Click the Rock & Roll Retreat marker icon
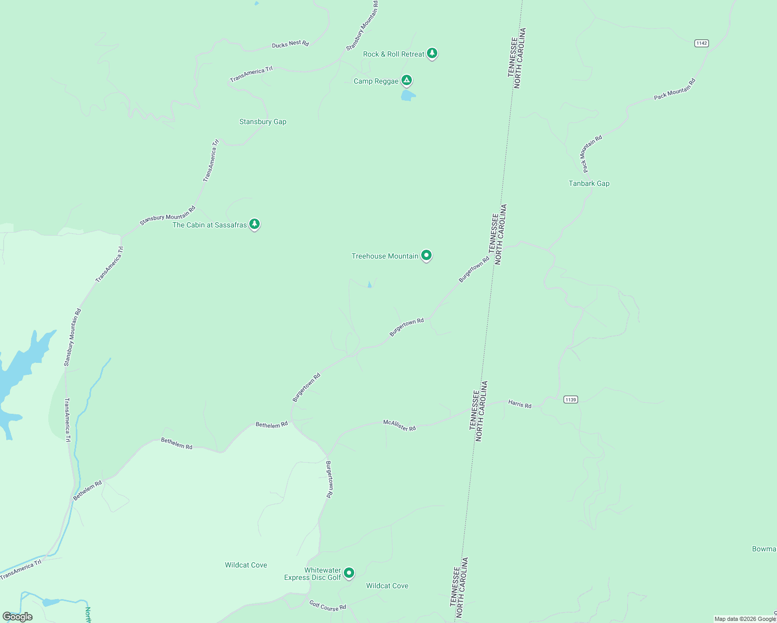tap(432, 53)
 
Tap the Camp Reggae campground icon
tap(407, 80)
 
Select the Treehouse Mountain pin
tap(426, 255)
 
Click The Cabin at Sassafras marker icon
tap(254, 224)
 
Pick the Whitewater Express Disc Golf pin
tap(349, 573)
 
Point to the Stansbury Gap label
tap(263, 121)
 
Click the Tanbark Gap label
tap(589, 183)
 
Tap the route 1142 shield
tap(701, 43)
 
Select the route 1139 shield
tap(570, 399)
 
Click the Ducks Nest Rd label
tap(290, 44)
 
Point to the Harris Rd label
tap(519, 404)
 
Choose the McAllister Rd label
tap(399, 426)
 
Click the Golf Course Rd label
tap(327, 605)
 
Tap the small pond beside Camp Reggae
tap(408, 96)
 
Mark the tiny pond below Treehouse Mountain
tap(369, 285)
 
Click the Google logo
tap(18, 617)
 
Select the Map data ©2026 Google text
tap(745, 619)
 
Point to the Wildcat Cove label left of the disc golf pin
tap(246, 565)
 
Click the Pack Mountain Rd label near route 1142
tap(674, 89)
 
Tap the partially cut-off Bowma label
tap(764, 549)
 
